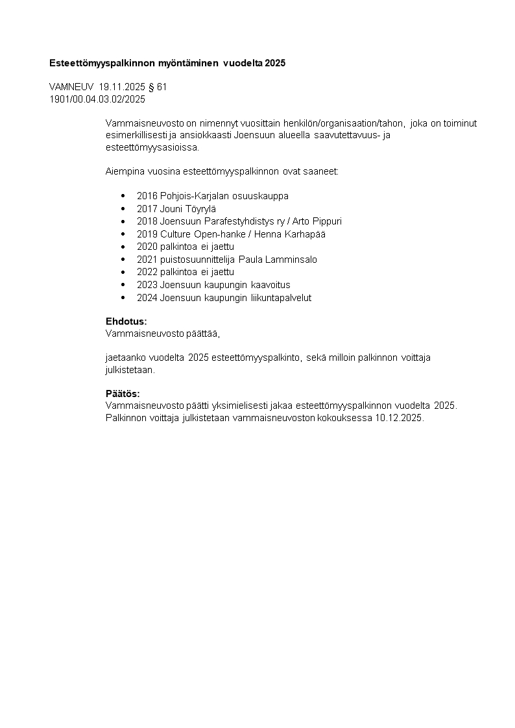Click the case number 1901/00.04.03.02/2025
coord(97,99)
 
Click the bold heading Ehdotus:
coord(126,321)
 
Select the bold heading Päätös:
coord(123,394)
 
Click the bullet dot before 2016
coord(123,196)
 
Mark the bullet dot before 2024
coord(123,298)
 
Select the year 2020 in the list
coord(147,247)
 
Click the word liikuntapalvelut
coord(281,298)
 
